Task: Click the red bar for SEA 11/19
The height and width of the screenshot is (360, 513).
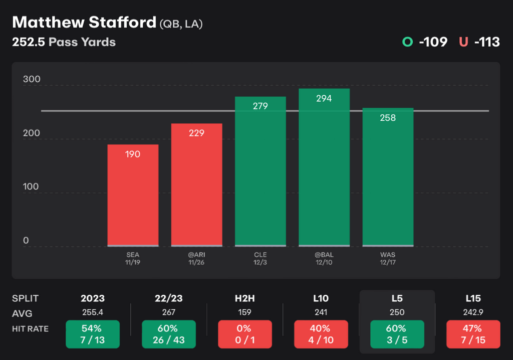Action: point(133,196)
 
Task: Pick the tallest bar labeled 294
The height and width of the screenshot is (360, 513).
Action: point(324,167)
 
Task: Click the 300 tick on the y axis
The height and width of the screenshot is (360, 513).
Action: point(31,80)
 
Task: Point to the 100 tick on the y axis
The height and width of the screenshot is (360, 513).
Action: point(31,187)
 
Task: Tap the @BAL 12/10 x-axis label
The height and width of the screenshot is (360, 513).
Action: point(324,258)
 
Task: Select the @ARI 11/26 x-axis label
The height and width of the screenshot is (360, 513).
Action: point(196,258)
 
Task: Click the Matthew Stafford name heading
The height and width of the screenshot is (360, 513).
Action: point(84,23)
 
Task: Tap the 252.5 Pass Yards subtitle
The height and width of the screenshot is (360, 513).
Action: point(64,42)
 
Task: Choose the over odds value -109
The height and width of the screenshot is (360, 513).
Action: point(433,42)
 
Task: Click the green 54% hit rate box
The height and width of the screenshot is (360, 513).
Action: point(93,334)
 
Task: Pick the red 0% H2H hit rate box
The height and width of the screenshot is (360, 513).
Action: point(245,334)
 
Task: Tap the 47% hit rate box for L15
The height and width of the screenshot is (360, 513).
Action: point(473,334)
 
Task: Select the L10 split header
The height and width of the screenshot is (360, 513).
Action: point(321,299)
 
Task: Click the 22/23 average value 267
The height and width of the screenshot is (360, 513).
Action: point(168,313)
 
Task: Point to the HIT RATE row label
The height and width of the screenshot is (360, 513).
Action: point(30,329)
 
